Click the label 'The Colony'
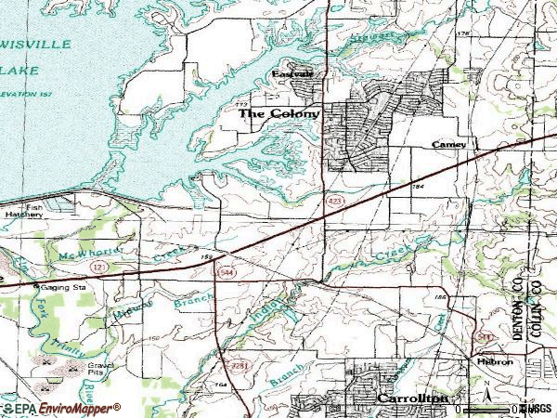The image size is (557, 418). [279, 114]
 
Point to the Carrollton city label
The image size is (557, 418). [413, 398]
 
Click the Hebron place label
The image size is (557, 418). [498, 362]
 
